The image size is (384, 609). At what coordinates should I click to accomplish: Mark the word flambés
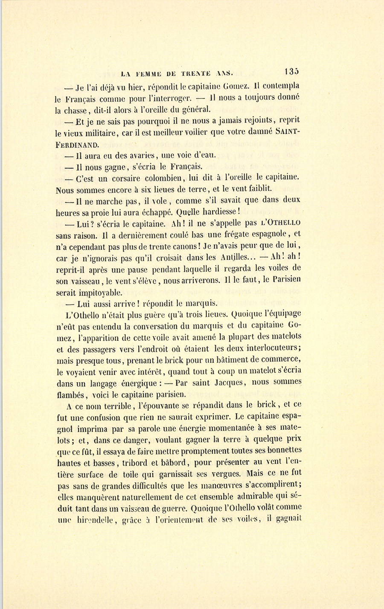[x=71, y=394]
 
